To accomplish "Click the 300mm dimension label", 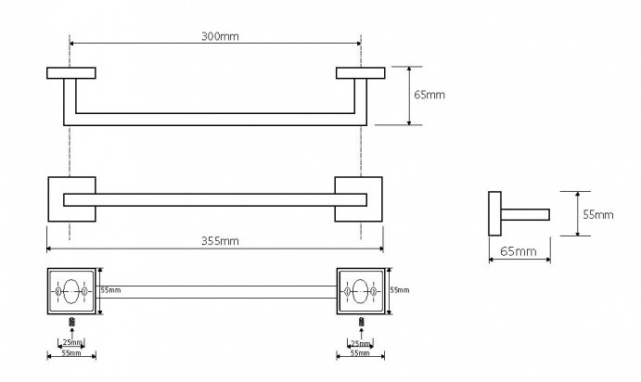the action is (220, 36).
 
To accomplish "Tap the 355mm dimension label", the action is (220, 241).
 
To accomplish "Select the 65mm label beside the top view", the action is (429, 95).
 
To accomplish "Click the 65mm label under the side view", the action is (518, 251).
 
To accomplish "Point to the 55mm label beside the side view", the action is (598, 214).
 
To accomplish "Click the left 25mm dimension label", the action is (72, 342).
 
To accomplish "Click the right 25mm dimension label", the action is (360, 343).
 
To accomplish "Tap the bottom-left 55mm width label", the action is (71, 352).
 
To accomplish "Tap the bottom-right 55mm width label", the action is (360, 352).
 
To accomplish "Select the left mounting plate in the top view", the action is (71, 73).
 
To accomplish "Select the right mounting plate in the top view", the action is (361, 73).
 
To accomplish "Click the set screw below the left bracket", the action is (72, 322).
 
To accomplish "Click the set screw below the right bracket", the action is (362, 322).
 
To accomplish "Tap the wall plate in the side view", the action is (494, 213).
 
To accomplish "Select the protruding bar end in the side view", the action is (525, 214).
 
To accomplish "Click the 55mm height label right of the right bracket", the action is (400, 290).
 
